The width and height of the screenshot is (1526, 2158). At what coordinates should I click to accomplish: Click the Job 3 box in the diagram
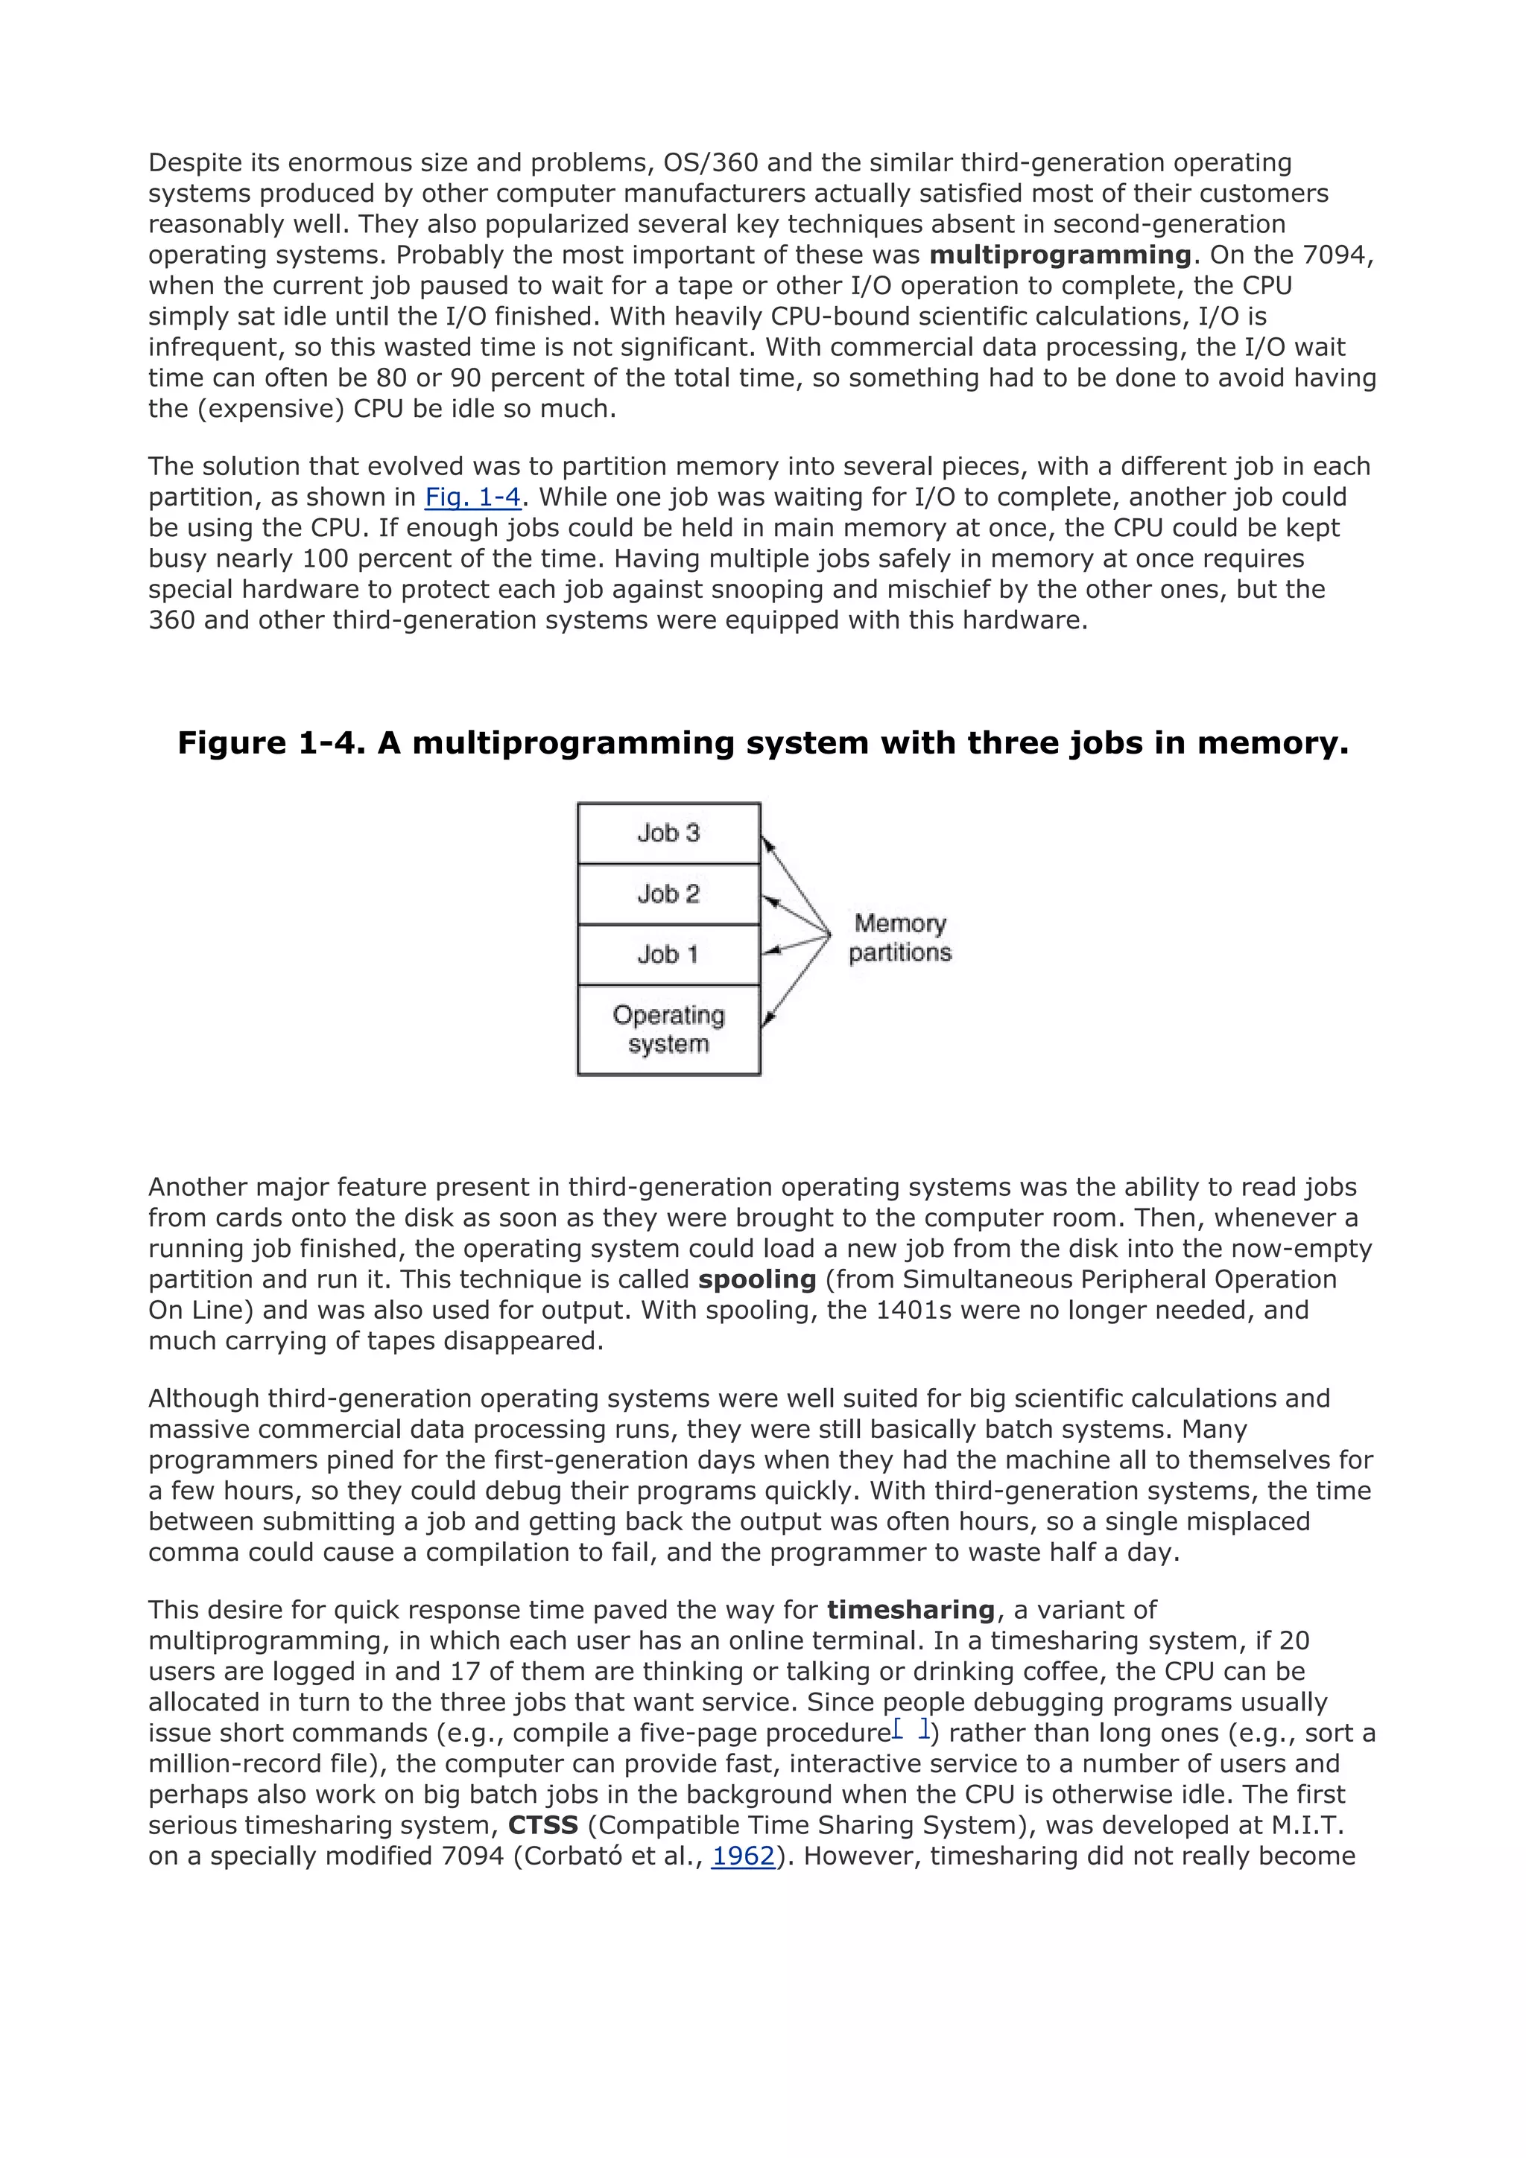668,833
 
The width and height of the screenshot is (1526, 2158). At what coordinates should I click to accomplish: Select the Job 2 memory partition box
668,894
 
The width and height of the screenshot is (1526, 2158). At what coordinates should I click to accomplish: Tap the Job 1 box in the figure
668,955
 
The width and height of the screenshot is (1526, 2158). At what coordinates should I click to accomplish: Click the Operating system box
668,1030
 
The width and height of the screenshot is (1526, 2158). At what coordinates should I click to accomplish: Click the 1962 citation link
743,1856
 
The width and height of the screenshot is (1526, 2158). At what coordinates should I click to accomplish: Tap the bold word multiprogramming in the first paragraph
1060,255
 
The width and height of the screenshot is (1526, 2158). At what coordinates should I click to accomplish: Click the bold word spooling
757,1279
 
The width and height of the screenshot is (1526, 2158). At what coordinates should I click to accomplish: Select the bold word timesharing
910,1610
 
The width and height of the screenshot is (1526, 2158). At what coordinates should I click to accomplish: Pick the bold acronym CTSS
542,1825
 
